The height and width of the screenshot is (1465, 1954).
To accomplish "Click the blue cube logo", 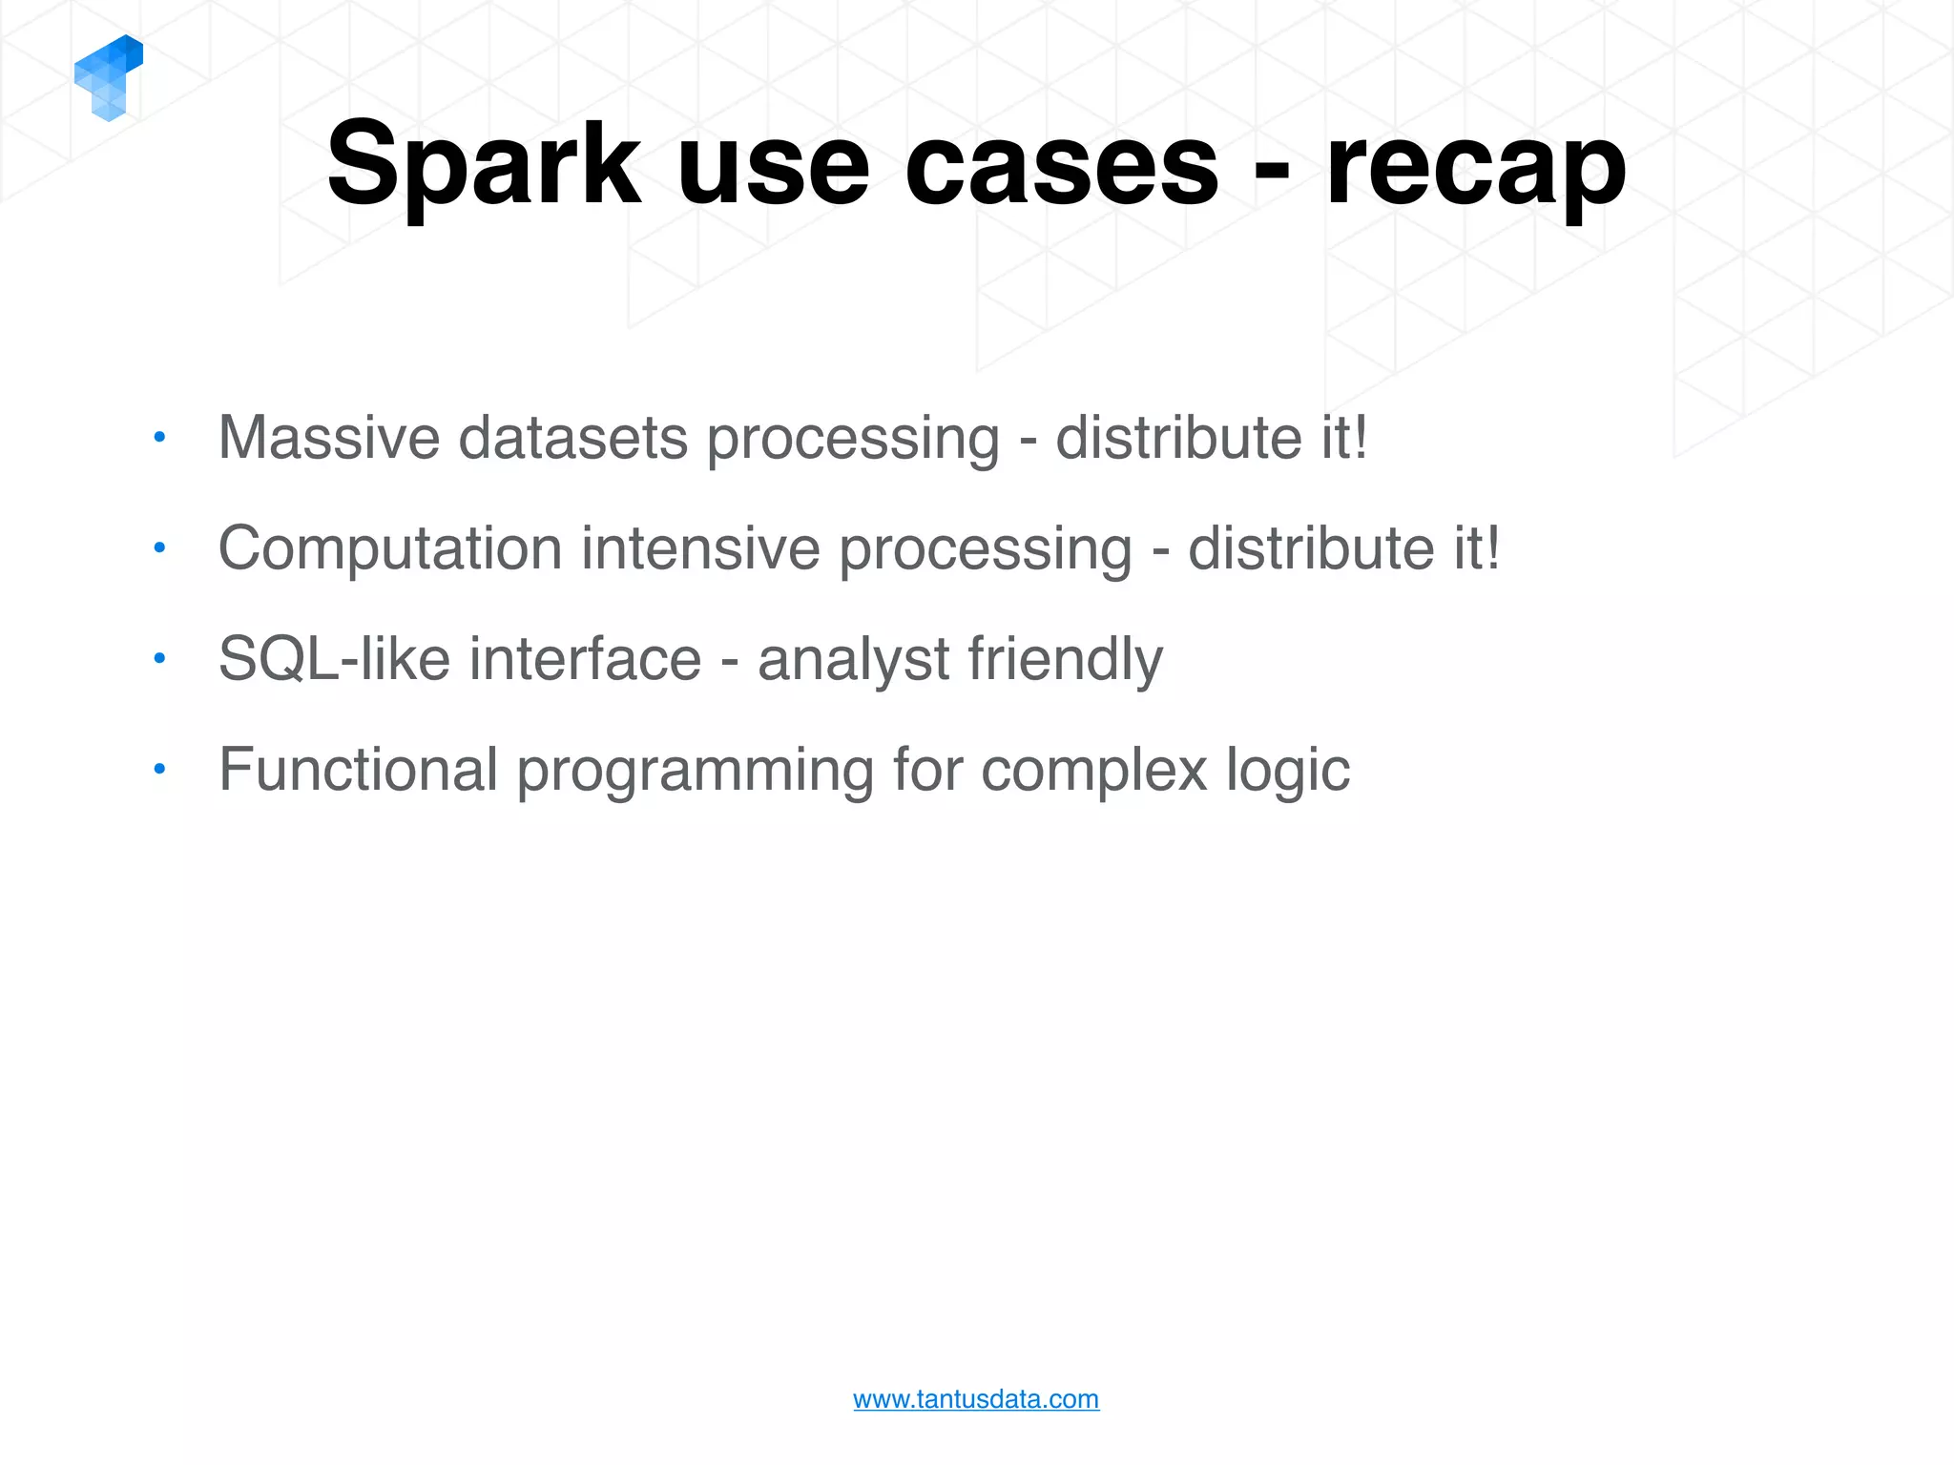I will coord(108,78).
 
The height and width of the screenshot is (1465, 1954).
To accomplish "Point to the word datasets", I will coord(572,438).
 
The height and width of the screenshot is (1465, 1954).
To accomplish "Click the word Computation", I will coord(390,548).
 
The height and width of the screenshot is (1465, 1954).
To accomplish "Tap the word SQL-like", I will coord(334,659).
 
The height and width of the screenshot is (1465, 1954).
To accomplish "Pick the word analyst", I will coord(854,659).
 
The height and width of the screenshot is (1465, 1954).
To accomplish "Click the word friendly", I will coord(1066,659).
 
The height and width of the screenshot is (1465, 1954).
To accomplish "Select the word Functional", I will coord(359,770).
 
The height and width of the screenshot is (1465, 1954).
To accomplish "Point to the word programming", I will coord(695,770).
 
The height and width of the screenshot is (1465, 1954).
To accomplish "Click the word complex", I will coord(1094,770).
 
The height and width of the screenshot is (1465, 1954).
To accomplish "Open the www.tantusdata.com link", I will coord(976,1399).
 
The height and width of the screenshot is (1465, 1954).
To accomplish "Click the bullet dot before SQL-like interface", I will coord(159,658).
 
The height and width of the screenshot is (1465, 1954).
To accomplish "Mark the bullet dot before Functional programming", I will coord(159,768).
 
